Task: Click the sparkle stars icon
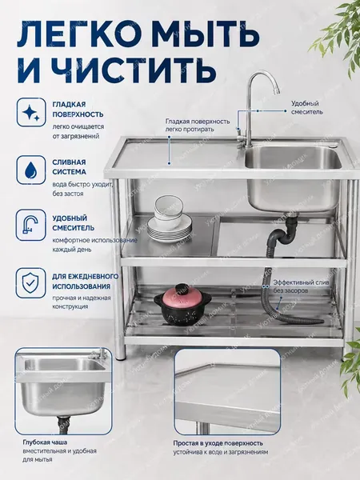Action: [31, 112]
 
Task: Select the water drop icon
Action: [30, 170]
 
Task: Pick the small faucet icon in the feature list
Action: [30, 225]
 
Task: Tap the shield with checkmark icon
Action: [30, 282]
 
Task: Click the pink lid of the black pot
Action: [183, 296]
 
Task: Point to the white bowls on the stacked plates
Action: [168, 211]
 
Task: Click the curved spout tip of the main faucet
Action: [277, 90]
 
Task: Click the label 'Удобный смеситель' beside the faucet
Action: [306, 108]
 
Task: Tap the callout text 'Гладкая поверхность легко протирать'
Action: [198, 126]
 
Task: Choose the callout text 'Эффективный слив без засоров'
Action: [301, 286]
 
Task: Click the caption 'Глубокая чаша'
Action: [45, 442]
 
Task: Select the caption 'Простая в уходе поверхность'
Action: [218, 443]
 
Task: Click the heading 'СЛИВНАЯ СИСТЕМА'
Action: [69, 167]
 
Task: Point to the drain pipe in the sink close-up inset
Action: [63, 424]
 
